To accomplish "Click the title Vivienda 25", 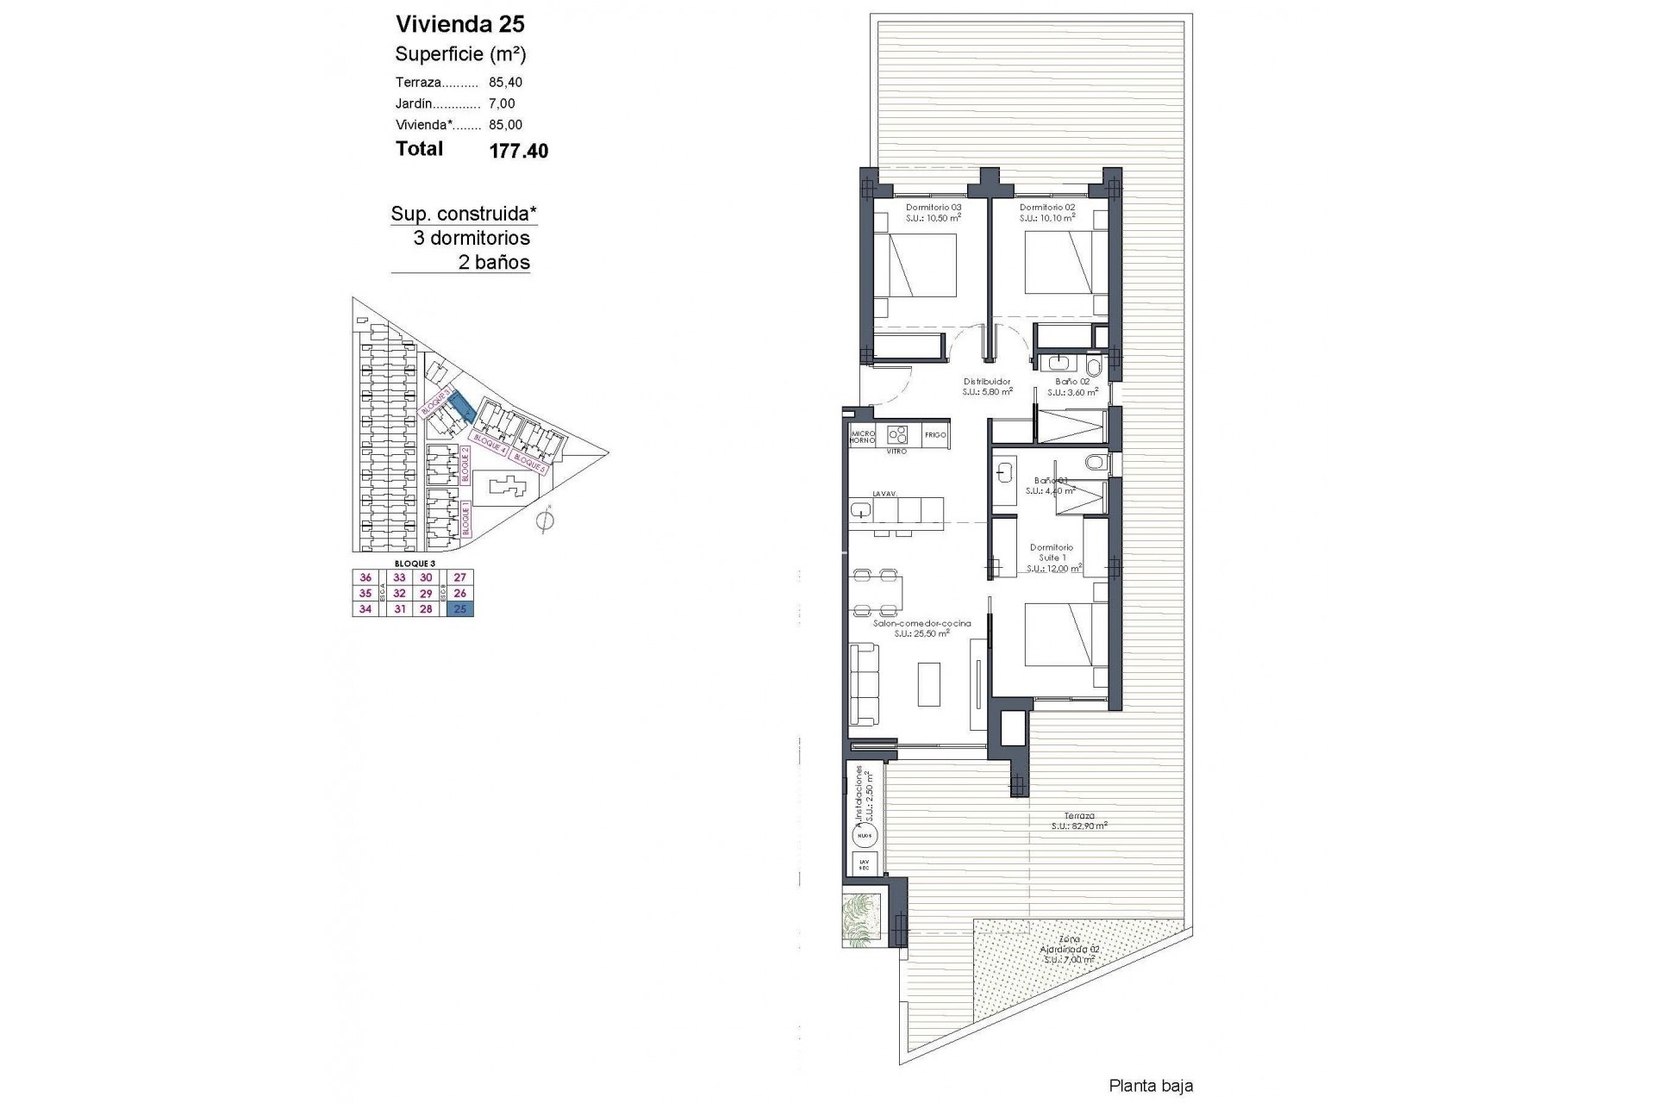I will click(459, 24).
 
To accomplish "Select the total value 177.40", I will click(518, 151).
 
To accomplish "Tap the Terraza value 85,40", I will click(505, 83).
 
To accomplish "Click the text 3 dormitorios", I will click(472, 238).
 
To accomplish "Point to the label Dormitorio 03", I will click(933, 208).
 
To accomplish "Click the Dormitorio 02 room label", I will click(1046, 208).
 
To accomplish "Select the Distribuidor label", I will click(986, 382).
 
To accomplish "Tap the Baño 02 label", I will click(1072, 382).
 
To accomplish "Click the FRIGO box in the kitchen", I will click(935, 435).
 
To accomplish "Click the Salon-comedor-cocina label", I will click(921, 623).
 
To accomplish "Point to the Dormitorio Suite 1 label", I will click(1052, 552).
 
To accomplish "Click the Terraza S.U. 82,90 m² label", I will click(1078, 820).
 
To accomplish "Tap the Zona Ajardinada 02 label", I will click(1068, 949).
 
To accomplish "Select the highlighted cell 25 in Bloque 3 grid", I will click(460, 609).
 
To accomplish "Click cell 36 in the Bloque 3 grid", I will click(365, 578).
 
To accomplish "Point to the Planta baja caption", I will click(1150, 1087).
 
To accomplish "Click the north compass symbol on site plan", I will click(544, 520).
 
